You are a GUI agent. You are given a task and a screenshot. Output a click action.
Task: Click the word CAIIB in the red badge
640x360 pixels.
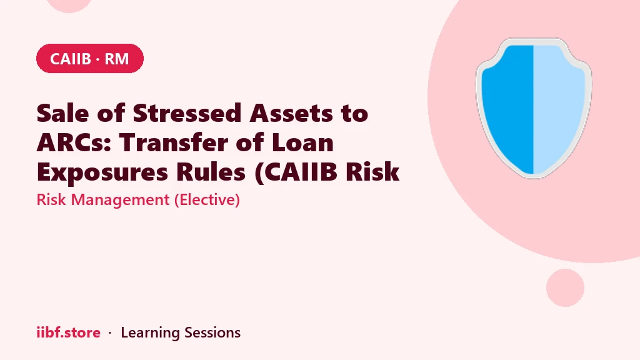(x=70, y=59)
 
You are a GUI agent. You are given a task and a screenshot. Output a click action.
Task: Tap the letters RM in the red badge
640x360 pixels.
(x=117, y=59)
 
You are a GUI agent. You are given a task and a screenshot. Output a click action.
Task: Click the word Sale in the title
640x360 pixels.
(x=62, y=112)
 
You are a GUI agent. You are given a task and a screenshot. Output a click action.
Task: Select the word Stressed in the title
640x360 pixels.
(x=187, y=112)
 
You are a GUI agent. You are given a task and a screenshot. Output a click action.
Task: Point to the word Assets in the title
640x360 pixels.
(x=291, y=112)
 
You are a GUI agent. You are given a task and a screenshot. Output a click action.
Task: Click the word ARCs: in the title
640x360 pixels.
(x=74, y=142)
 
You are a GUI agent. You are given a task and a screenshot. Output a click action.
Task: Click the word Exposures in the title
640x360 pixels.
(x=102, y=172)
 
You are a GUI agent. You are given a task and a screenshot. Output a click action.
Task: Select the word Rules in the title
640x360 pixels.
(x=211, y=172)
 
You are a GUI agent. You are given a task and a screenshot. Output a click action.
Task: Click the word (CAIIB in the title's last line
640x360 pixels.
(x=296, y=172)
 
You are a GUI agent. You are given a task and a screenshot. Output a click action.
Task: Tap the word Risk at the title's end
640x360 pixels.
(x=372, y=172)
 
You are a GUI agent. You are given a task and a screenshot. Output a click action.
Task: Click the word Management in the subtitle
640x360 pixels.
(x=120, y=200)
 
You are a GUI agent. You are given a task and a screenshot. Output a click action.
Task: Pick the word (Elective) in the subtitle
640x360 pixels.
(x=207, y=200)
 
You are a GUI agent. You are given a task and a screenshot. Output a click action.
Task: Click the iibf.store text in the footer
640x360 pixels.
(x=69, y=332)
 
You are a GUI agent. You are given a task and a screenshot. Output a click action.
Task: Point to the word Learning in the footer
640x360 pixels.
(x=150, y=333)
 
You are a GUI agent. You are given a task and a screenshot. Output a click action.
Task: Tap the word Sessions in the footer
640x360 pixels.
(x=212, y=332)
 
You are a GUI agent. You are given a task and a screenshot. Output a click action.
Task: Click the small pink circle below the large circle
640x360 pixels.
(x=565, y=287)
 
